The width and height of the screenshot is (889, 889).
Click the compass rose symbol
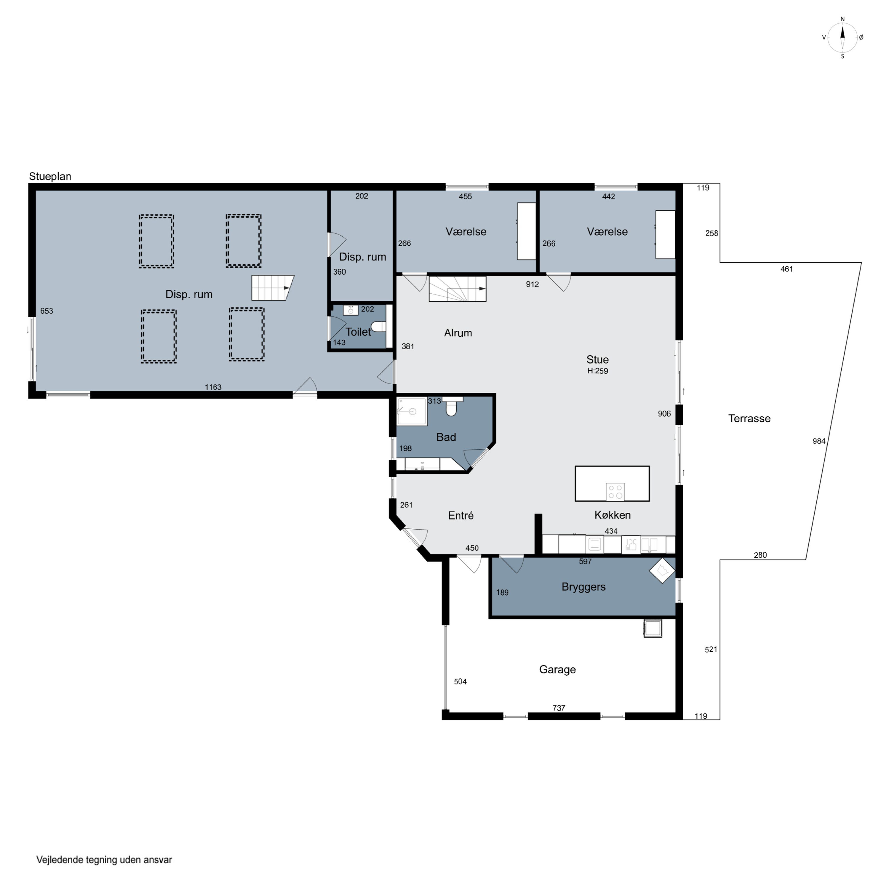pyautogui.click(x=842, y=38)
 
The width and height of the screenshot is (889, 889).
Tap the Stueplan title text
pyautogui.click(x=50, y=177)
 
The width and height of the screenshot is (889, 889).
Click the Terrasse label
pyautogui.click(x=749, y=418)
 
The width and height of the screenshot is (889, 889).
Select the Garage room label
pyautogui.click(x=557, y=669)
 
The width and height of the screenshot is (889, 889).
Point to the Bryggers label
pyautogui.click(x=583, y=587)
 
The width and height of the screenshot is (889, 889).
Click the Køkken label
pyautogui.click(x=613, y=515)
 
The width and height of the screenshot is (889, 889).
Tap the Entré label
pyautogui.click(x=461, y=515)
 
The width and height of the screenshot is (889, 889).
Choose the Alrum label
pyautogui.click(x=458, y=333)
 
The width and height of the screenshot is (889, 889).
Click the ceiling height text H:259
pyautogui.click(x=597, y=371)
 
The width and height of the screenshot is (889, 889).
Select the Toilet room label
pyautogui.click(x=358, y=332)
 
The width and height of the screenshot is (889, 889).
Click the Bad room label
pyautogui.click(x=446, y=437)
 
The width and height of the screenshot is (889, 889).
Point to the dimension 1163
pyautogui.click(x=213, y=387)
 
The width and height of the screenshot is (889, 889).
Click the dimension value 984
pyautogui.click(x=819, y=441)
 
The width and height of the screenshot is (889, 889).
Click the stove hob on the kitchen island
pyautogui.click(x=615, y=491)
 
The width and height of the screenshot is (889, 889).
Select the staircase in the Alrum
pyautogui.click(x=457, y=289)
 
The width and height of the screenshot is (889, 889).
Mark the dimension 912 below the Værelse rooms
pyautogui.click(x=533, y=284)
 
